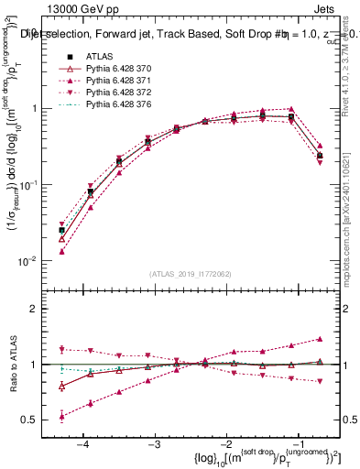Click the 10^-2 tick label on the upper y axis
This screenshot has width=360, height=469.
pyautogui.click(x=32, y=261)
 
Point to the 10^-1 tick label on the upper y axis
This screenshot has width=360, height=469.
pyautogui.click(x=32, y=185)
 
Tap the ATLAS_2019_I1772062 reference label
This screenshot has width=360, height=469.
pyautogui.click(x=190, y=273)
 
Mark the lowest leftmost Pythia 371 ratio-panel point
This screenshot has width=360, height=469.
pyautogui.click(x=61, y=417)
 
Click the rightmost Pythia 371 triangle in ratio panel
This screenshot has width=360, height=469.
pyautogui.click(x=319, y=339)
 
